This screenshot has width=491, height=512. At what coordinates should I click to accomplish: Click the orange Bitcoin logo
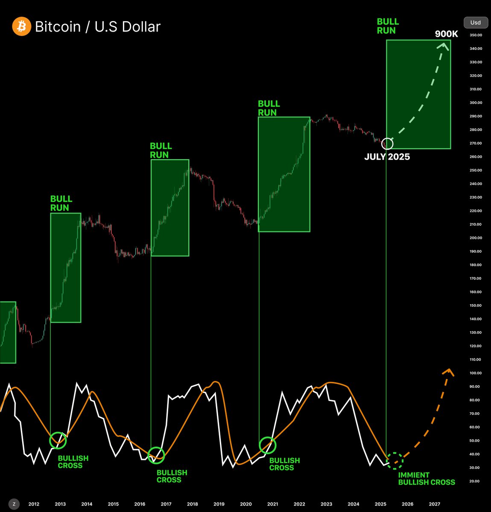[x=21, y=26]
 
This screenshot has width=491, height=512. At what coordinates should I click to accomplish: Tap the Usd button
[x=475, y=23]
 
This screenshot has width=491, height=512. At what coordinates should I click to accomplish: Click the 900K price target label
[x=446, y=34]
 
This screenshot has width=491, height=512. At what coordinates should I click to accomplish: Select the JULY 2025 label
[x=387, y=157]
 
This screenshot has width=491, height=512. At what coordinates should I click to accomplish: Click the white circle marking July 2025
[x=387, y=144]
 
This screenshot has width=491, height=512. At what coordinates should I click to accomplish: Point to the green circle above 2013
[x=58, y=440]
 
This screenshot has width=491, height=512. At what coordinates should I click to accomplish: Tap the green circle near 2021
[x=268, y=445]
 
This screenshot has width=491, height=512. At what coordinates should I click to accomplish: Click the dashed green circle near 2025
[x=395, y=461]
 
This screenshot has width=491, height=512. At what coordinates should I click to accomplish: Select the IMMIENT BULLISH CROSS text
[x=426, y=479]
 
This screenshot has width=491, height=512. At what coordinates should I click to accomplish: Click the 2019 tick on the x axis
[x=219, y=504]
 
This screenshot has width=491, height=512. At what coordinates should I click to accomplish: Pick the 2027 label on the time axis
[x=434, y=504]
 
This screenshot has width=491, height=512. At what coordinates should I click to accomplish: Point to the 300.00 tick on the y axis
[x=476, y=103]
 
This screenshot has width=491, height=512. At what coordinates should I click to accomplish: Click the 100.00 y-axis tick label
[x=476, y=373]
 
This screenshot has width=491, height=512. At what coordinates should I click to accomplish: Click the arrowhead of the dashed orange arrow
[x=448, y=371]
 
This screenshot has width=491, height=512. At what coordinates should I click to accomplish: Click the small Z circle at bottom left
[x=14, y=504]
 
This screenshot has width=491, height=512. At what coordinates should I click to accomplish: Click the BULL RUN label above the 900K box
[x=387, y=26]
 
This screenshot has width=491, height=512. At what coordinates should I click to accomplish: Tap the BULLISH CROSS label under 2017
[x=172, y=476]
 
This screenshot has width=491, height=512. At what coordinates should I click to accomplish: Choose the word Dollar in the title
[x=140, y=26]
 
